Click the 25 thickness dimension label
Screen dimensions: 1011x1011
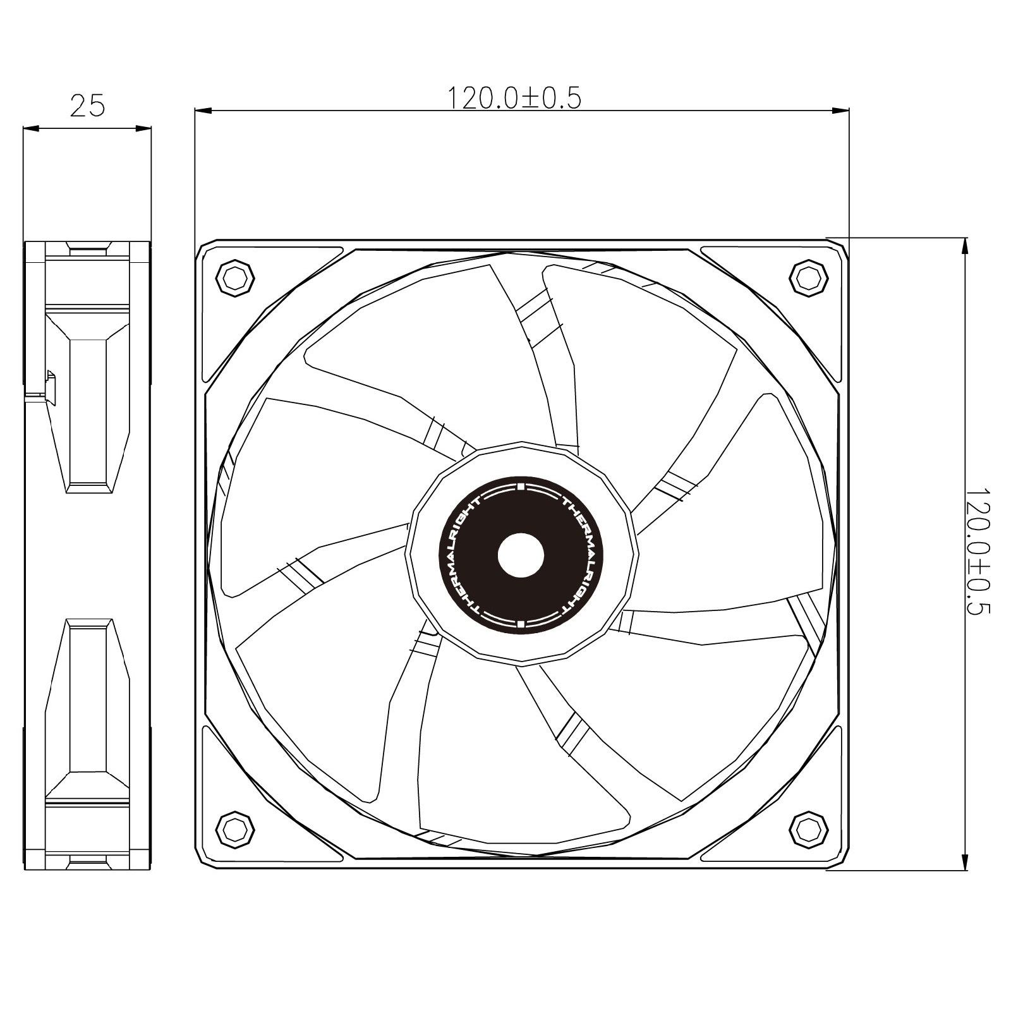tap(87, 106)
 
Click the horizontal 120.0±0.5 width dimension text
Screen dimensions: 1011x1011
tap(514, 98)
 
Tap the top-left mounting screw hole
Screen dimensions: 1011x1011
tap(235, 277)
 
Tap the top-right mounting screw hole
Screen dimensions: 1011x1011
tap(809, 277)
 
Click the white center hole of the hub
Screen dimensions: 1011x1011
tap(521, 554)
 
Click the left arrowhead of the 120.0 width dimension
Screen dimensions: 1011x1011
tap(203, 111)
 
